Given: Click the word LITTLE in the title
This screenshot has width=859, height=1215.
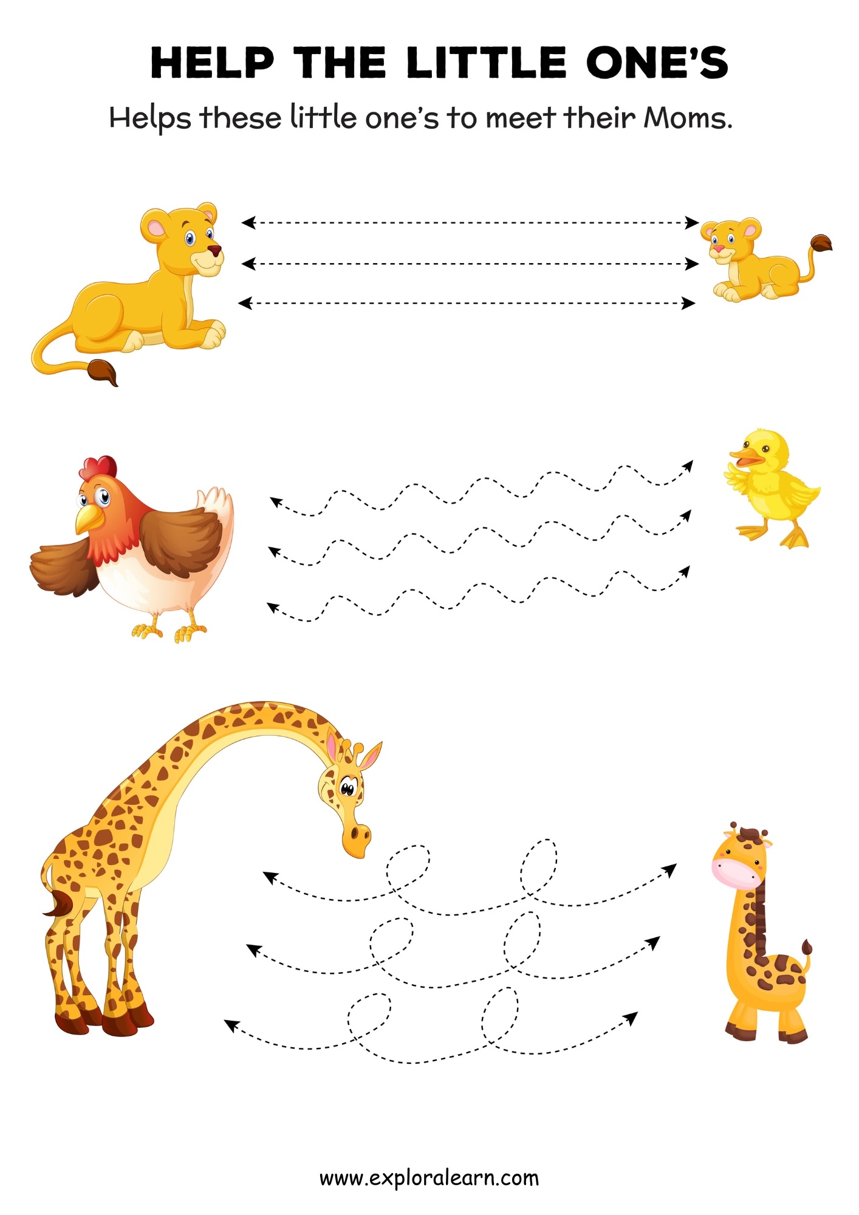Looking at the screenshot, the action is [x=486, y=63].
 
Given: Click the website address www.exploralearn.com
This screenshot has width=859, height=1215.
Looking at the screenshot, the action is [x=429, y=1178].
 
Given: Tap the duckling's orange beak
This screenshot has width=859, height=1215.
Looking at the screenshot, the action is [x=745, y=457].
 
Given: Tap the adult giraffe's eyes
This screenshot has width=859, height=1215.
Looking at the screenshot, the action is [x=347, y=789].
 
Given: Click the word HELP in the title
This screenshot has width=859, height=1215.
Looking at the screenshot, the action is [x=212, y=63].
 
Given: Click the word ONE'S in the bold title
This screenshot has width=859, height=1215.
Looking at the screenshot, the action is [x=657, y=63].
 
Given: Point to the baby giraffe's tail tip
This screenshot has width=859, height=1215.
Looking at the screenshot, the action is [x=806, y=947].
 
